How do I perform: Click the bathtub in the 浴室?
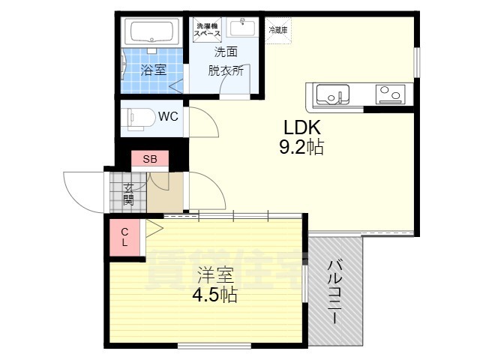click(x=153, y=32)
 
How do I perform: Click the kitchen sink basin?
click(x=331, y=94)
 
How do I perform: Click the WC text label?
click(x=167, y=116)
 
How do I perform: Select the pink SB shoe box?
click(x=150, y=159)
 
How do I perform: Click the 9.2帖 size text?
click(x=301, y=148)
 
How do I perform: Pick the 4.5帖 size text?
click(x=214, y=295)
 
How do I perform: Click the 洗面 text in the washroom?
click(x=226, y=52)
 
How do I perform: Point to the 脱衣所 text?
click(x=226, y=71)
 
